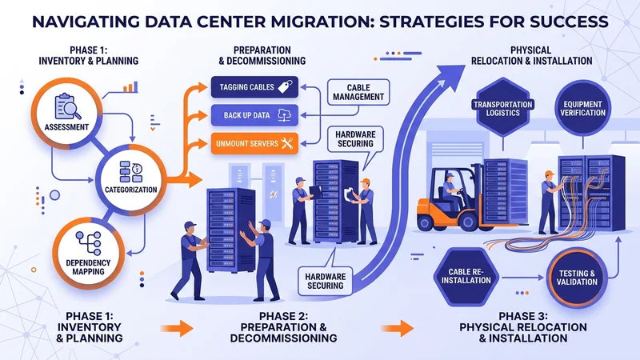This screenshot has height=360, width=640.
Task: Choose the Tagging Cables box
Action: point(254,86)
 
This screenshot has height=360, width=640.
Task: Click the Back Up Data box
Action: point(254,115)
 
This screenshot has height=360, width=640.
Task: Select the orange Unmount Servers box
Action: point(254,144)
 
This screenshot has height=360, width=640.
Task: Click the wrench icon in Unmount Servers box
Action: point(286,144)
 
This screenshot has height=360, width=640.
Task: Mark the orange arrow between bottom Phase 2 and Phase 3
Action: point(395,326)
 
